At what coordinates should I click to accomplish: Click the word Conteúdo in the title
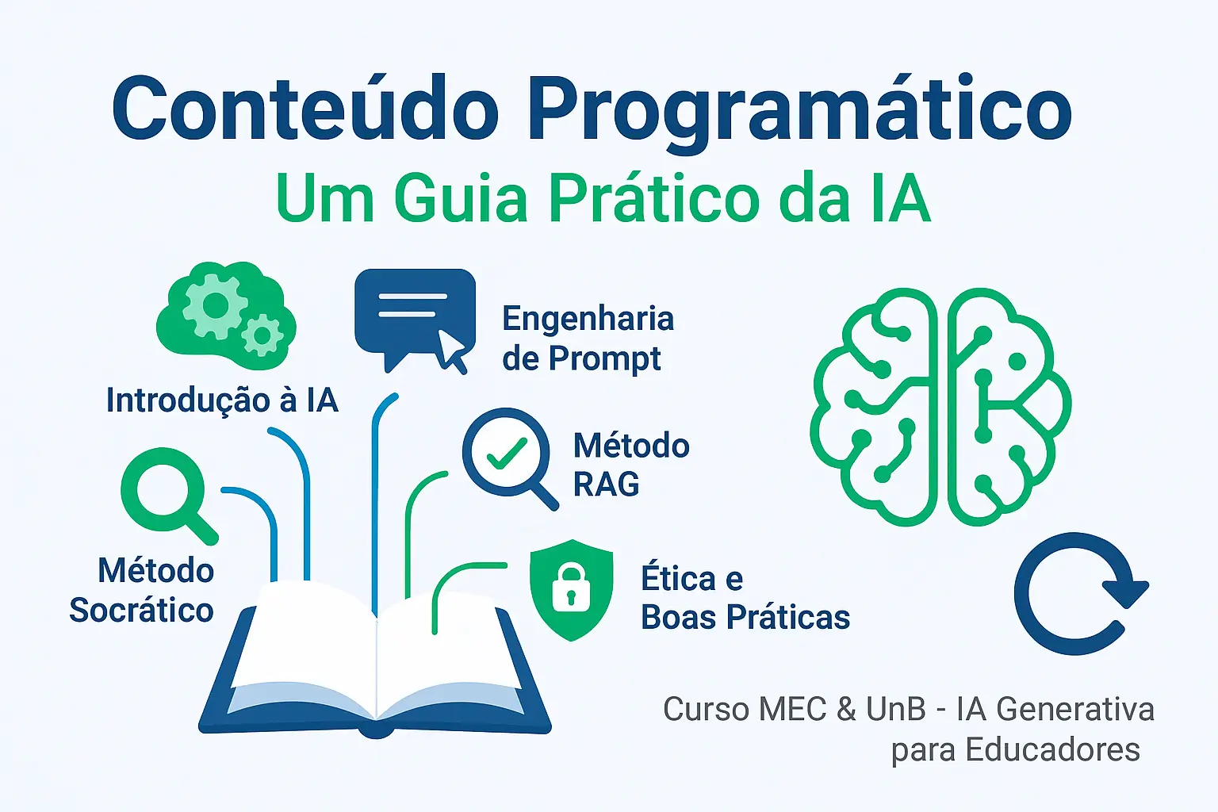click(x=305, y=109)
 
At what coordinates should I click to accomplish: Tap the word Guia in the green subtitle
click(x=461, y=198)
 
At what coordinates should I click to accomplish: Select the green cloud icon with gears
click(x=226, y=316)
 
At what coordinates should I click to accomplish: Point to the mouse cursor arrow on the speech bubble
click(x=452, y=351)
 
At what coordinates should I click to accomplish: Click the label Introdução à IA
click(x=222, y=400)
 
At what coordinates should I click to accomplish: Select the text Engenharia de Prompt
click(x=588, y=339)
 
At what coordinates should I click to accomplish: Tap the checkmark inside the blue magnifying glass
click(x=506, y=453)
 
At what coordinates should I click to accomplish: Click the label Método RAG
click(x=631, y=465)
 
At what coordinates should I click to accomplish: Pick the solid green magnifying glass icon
click(x=169, y=496)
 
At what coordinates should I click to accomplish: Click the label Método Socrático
click(x=141, y=591)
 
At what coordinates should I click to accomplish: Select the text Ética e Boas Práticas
click(x=745, y=598)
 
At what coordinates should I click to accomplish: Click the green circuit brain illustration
click(x=941, y=407)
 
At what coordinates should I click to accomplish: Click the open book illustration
click(x=375, y=658)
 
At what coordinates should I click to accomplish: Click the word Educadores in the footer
click(x=1053, y=749)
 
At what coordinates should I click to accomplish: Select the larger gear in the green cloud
click(x=216, y=305)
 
